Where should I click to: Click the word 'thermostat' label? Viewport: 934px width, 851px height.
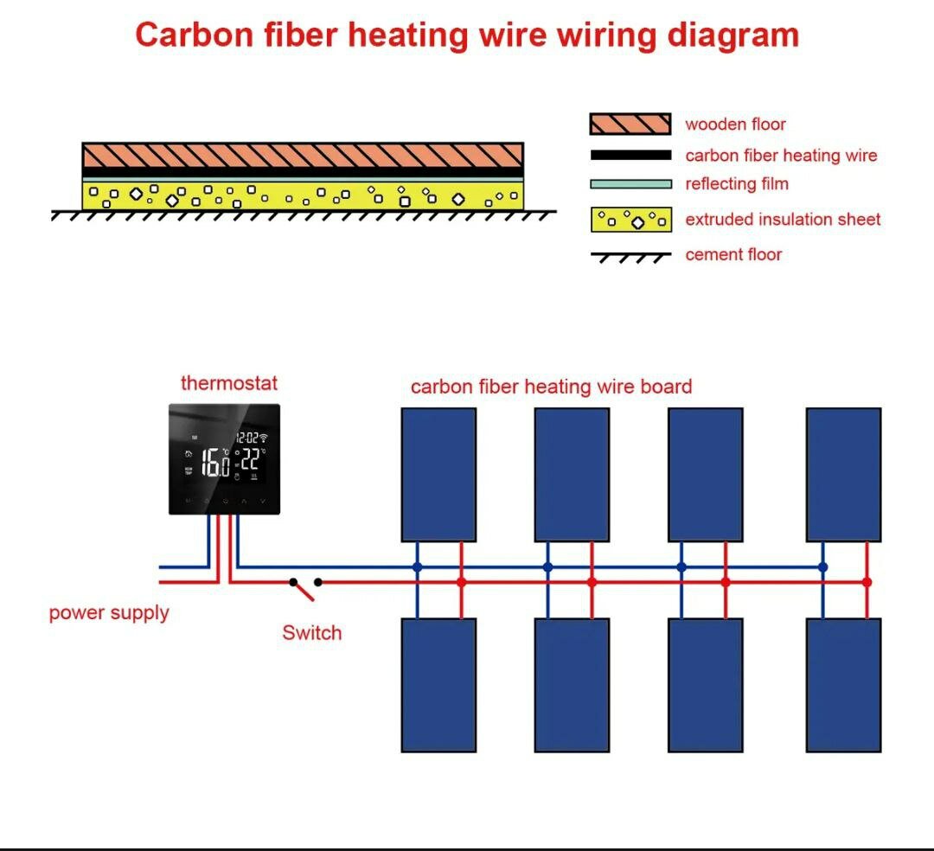point(229,383)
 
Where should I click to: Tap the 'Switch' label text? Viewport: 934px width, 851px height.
point(311,633)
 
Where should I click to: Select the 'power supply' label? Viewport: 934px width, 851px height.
point(109,613)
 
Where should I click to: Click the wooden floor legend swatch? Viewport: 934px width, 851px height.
point(630,124)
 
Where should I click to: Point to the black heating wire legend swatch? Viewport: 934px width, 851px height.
point(630,156)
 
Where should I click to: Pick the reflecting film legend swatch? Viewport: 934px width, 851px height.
point(630,183)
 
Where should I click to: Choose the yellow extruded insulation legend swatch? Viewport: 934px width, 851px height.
point(630,220)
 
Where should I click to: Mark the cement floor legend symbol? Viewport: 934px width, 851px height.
point(630,257)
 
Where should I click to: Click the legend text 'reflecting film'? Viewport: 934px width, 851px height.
point(737,184)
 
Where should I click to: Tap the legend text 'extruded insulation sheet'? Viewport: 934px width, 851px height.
point(783,220)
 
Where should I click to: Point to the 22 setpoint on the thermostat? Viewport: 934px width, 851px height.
point(249,459)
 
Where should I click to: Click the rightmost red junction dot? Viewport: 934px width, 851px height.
point(867,582)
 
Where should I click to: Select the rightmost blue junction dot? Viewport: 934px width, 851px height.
point(822,567)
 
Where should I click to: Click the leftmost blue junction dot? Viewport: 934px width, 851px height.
point(417,567)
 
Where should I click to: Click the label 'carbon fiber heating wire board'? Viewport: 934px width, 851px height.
point(551,387)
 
